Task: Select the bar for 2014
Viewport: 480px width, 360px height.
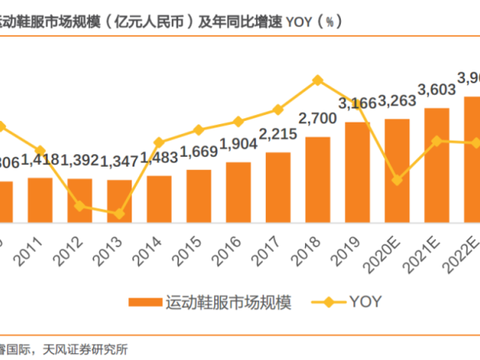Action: point(158,199)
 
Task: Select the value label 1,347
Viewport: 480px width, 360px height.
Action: point(119,159)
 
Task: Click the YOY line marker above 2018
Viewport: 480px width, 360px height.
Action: point(317,80)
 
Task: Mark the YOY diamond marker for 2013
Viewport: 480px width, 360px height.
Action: point(119,213)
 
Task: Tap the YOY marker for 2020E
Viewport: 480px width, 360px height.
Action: point(397,179)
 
